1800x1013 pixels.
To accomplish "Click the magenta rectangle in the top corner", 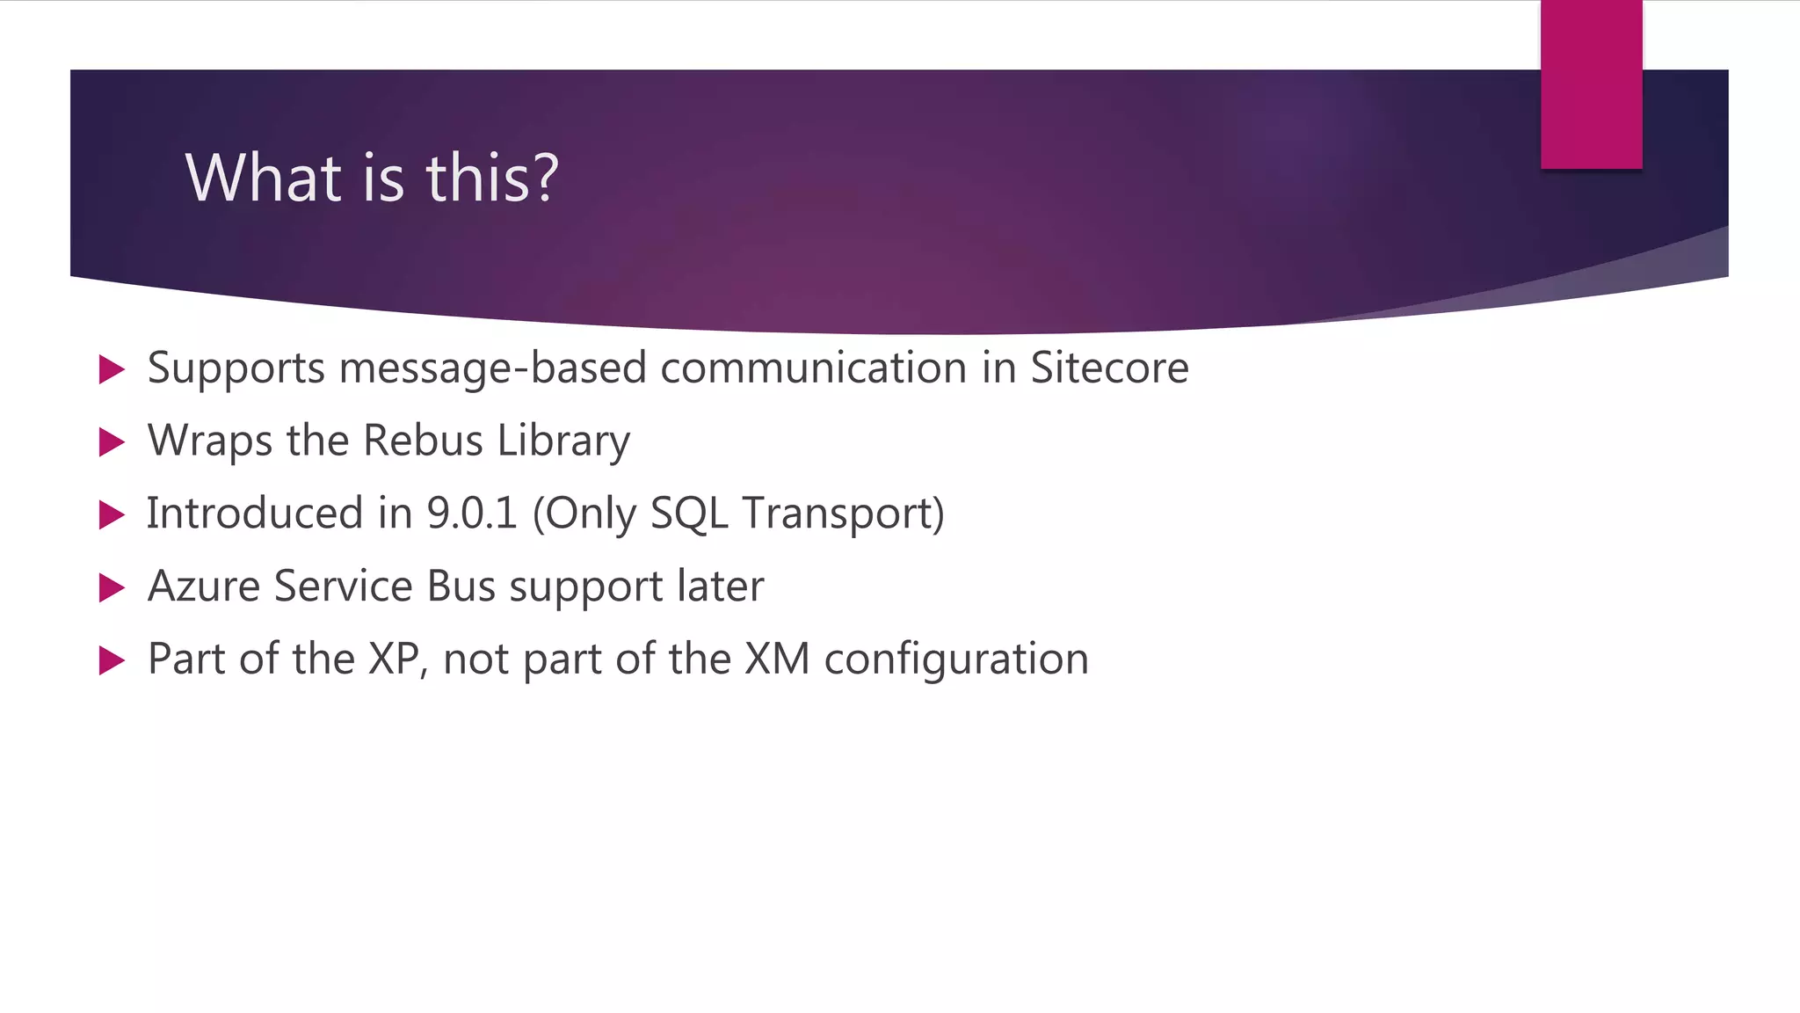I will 1591,84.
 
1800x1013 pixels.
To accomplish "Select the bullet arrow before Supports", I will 112,369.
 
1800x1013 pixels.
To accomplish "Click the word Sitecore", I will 1109,368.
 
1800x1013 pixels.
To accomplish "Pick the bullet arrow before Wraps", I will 112,442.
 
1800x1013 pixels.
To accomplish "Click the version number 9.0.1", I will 471,514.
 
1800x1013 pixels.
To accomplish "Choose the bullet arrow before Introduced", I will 112,515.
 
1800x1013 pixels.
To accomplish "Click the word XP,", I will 397,660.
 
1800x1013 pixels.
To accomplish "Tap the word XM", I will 776,660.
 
